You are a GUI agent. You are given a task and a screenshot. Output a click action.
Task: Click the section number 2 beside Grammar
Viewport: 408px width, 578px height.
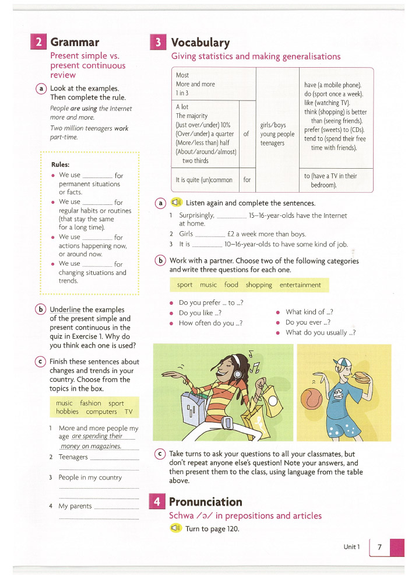point(38,43)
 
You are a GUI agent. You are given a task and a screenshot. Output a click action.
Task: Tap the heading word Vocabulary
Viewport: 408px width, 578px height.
point(200,43)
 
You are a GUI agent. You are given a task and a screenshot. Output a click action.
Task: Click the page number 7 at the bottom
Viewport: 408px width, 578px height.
point(379,547)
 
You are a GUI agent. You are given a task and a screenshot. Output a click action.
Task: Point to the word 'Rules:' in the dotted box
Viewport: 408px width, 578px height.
point(61,165)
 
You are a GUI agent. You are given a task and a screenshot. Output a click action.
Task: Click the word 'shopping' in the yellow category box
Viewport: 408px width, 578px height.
point(259,285)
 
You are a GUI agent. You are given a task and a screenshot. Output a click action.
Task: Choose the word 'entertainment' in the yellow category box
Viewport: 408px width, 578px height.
point(300,285)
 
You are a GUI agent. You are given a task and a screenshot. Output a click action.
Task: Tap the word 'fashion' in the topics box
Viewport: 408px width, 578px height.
point(90,403)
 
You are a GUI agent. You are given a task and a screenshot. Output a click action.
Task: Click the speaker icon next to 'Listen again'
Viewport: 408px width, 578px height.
point(177,203)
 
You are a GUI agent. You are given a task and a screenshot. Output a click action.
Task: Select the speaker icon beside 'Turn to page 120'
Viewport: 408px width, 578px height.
point(176,528)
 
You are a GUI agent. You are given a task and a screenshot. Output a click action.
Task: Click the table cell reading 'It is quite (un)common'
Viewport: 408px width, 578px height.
point(204,180)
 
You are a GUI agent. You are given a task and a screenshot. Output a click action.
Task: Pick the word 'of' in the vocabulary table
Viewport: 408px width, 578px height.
point(247,134)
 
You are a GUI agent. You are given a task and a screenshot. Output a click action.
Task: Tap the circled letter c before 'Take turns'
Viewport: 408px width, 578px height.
point(160,454)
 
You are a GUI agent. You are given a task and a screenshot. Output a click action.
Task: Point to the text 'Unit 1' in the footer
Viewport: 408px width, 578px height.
point(352,547)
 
